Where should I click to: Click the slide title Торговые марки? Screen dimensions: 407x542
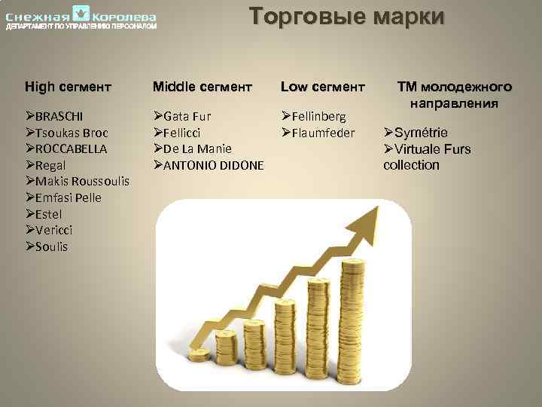(x=347, y=17)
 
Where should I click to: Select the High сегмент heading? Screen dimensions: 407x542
(x=66, y=87)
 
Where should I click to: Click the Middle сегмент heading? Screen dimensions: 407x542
(x=202, y=87)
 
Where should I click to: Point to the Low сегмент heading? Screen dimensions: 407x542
(x=322, y=87)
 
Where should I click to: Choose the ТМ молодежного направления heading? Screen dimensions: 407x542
(x=454, y=95)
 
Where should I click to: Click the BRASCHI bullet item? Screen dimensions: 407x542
(x=59, y=117)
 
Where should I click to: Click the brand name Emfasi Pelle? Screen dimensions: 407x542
(x=68, y=197)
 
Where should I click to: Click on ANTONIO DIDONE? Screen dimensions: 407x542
(x=213, y=165)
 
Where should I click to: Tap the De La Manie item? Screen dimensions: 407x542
(x=196, y=149)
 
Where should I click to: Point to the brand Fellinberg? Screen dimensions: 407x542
(x=318, y=117)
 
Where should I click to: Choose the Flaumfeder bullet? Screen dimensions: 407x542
(x=322, y=133)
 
